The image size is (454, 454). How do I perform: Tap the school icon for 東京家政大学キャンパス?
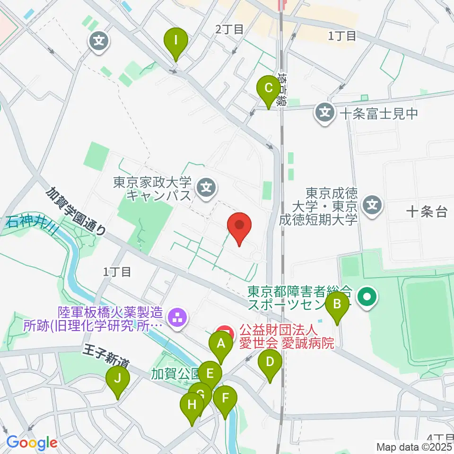206,188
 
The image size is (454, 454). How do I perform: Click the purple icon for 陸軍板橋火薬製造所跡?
177,317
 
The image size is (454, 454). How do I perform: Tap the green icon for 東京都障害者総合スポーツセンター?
367,297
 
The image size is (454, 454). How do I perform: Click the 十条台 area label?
427,212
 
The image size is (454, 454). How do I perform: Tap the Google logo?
32,443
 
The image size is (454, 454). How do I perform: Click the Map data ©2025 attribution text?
414,446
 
